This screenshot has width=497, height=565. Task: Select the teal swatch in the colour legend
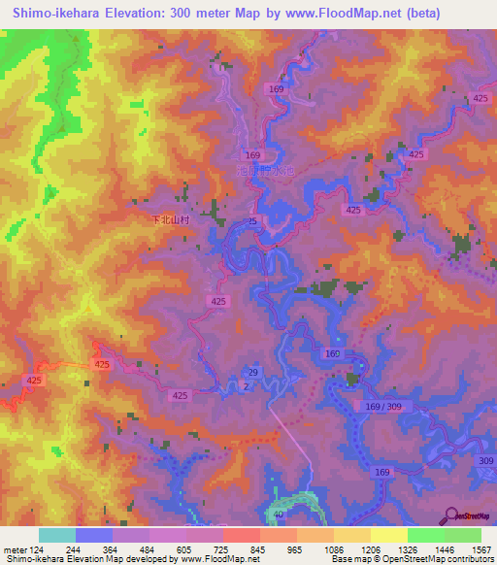[57, 535]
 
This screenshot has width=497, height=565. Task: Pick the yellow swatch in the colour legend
[388, 535]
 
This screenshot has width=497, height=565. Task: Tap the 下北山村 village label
[174, 220]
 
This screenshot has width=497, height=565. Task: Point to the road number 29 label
[252, 373]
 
